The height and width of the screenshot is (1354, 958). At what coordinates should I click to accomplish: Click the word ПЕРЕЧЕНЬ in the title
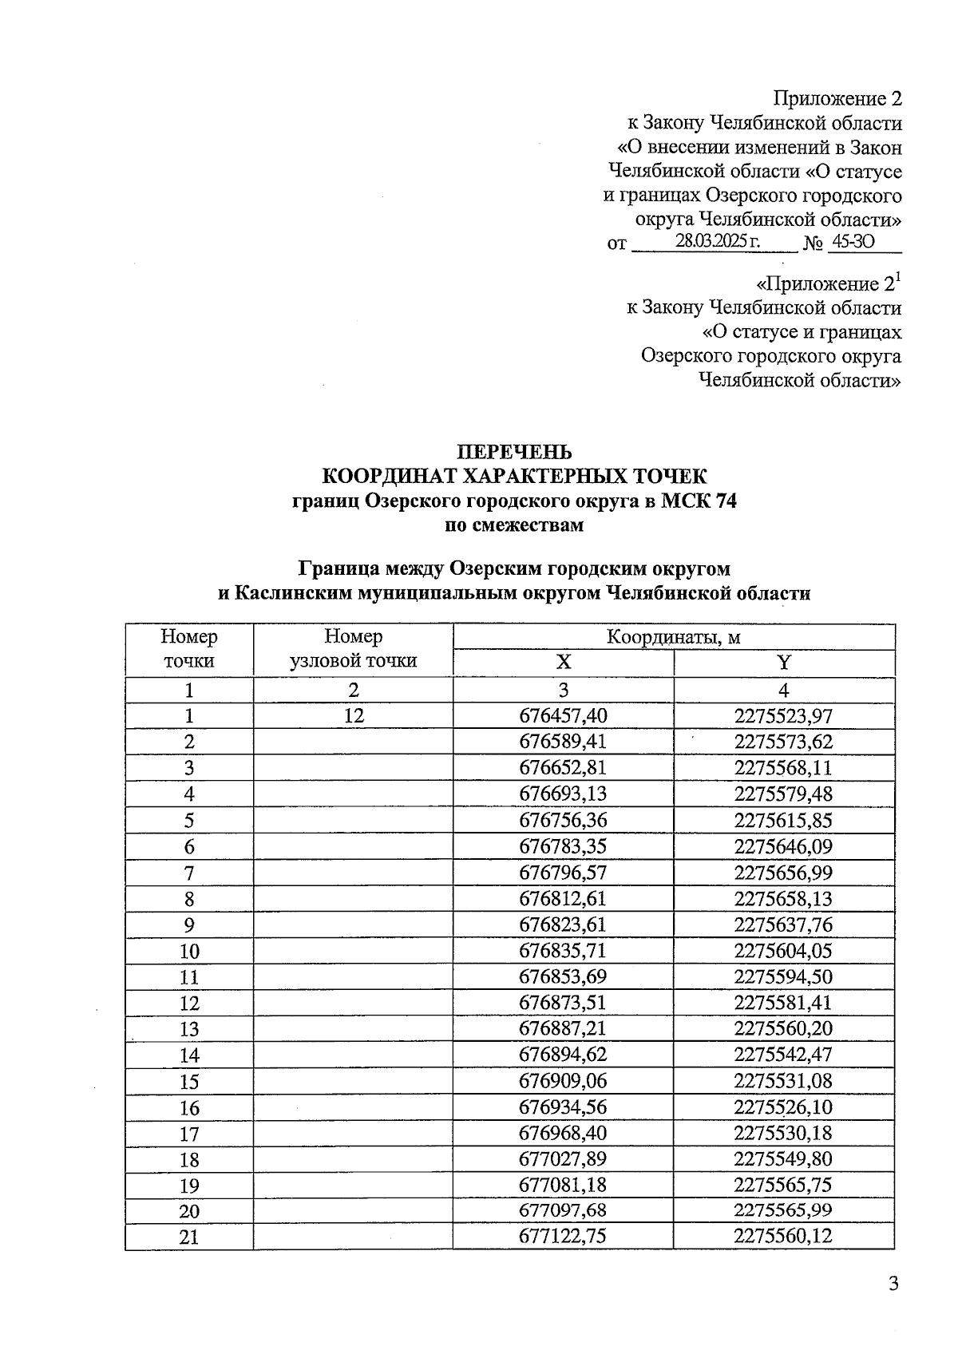point(513,452)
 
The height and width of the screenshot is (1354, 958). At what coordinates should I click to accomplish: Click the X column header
point(564,663)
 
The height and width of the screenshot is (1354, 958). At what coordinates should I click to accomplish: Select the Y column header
point(784,663)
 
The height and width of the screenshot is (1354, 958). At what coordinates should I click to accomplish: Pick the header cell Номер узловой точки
point(353,648)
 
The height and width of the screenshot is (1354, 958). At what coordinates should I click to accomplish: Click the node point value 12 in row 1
point(353,716)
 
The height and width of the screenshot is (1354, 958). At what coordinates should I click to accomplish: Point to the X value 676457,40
point(563,716)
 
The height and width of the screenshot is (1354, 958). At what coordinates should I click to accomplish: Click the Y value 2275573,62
point(783,742)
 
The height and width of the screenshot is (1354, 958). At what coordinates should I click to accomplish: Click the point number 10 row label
point(189,952)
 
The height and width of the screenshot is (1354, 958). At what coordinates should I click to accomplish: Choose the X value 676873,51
point(563,1004)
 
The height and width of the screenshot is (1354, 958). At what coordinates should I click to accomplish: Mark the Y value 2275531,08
point(783,1082)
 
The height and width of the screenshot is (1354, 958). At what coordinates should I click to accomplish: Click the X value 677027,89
point(563,1159)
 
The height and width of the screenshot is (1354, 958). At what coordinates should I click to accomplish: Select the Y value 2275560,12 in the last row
point(783,1237)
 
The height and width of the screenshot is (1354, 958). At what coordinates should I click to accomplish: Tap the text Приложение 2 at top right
point(838,98)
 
